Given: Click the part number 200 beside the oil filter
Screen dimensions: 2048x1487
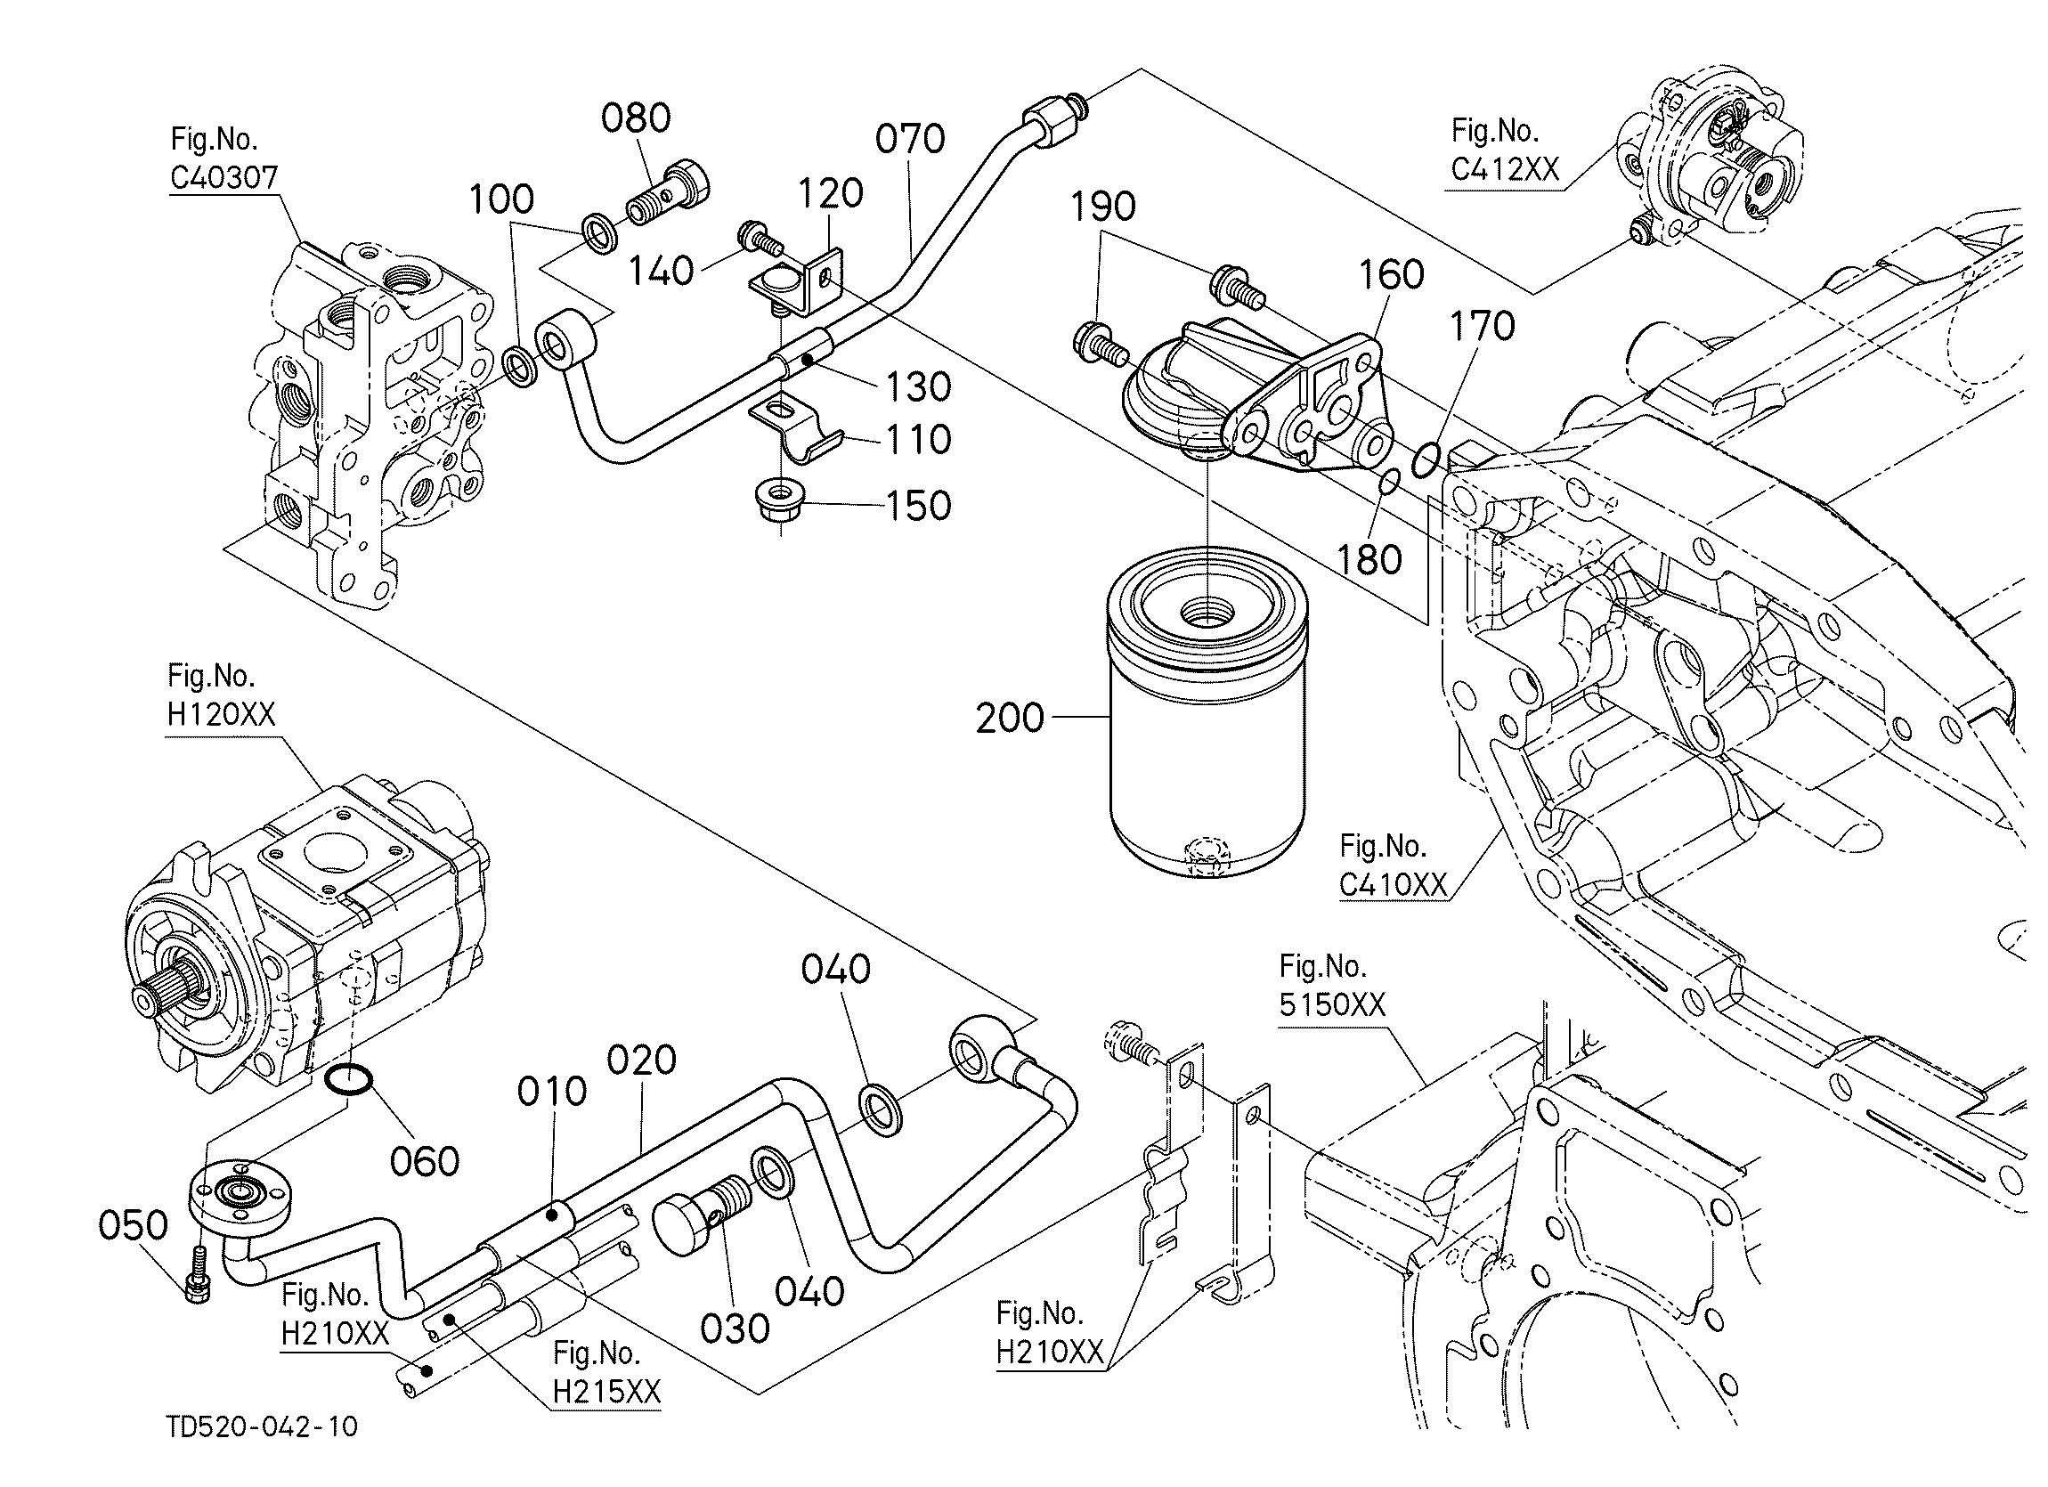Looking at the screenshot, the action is (1010, 719).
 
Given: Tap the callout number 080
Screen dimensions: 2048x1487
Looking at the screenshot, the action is (637, 118).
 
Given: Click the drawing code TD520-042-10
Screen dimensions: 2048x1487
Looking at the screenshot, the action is (262, 1427).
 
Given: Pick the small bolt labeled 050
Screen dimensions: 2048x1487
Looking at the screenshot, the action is (198, 1272).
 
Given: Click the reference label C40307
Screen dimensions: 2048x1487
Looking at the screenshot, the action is (223, 178).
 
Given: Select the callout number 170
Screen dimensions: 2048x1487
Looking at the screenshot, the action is (1482, 326).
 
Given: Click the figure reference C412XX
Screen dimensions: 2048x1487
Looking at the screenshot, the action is (1506, 170).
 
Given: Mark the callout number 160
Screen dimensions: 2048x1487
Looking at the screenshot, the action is (1392, 274).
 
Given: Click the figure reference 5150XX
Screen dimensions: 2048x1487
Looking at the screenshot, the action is (1332, 1005).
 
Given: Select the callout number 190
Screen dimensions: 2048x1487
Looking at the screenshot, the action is (1102, 207).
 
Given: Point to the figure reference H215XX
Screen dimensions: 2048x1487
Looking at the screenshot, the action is (606, 1392).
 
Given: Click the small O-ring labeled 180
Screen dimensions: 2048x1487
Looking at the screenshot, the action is (1389, 482).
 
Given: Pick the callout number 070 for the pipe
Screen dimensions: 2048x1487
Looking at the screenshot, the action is (910, 139).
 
